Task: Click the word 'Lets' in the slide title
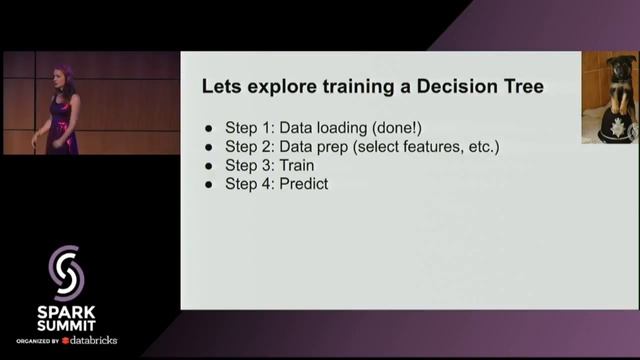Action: point(221,87)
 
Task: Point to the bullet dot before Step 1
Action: point(209,129)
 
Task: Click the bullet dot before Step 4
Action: point(209,185)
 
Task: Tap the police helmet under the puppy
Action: point(611,127)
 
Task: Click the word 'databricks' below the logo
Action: point(93,340)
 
